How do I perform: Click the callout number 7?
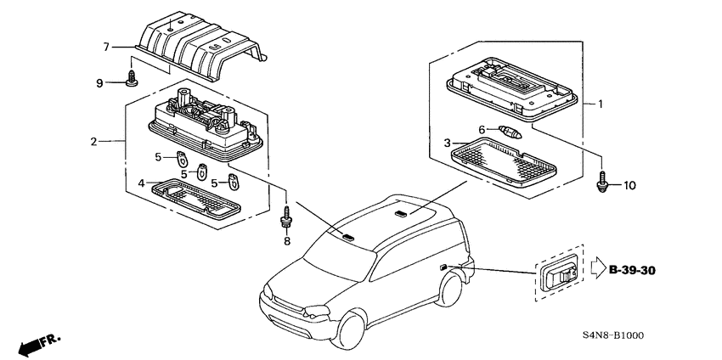pos(106,47)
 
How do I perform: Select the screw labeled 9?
pos(133,78)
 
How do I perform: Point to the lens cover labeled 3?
pos(504,161)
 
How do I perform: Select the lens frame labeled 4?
pos(195,198)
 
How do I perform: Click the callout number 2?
pos(94,142)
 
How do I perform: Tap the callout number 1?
pos(600,104)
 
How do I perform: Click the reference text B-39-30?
pos(631,270)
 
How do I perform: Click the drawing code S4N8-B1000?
pos(613,335)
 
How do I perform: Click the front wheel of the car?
pos(351,330)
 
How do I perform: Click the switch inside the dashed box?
pos(559,273)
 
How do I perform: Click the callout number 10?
pos(629,186)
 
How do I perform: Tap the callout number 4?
pos(141,183)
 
